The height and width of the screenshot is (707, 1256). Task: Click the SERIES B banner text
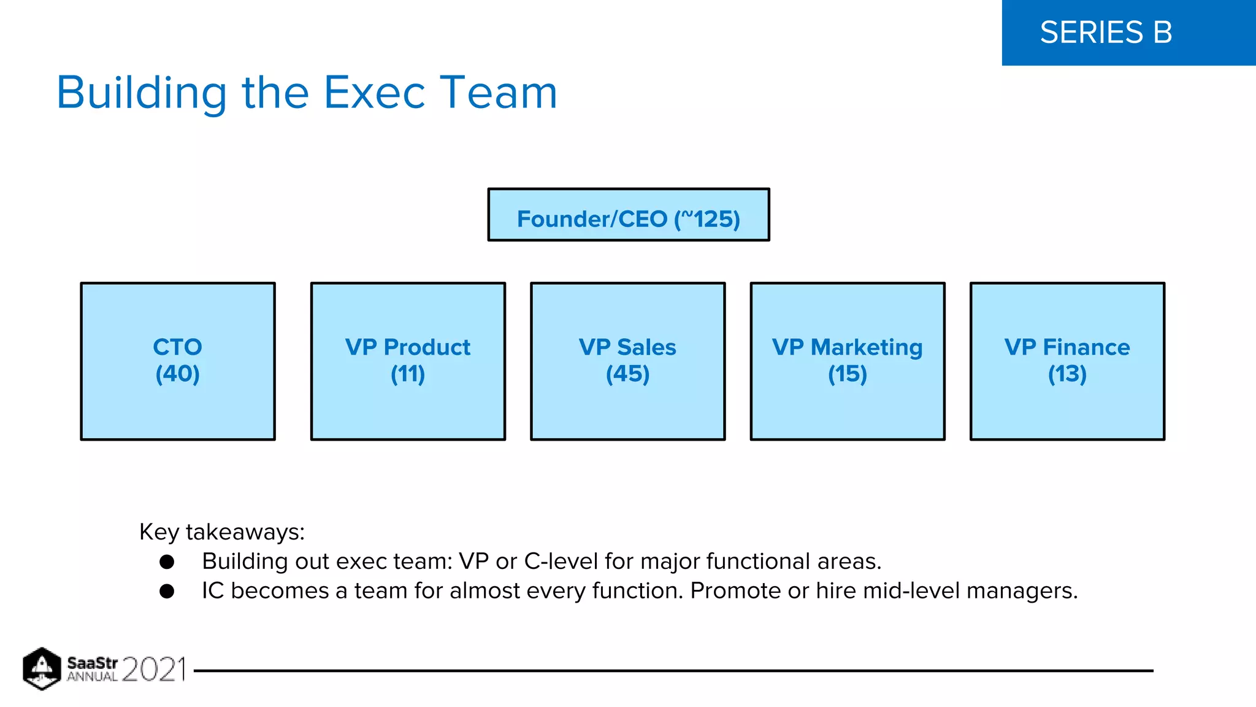[x=1106, y=33]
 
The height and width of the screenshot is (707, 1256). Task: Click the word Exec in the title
[x=374, y=93]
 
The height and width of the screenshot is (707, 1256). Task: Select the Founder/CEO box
[x=628, y=215]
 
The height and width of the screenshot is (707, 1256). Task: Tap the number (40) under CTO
[x=177, y=374]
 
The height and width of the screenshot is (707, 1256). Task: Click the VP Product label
[x=408, y=347]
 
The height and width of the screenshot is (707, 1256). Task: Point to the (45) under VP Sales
[x=627, y=374]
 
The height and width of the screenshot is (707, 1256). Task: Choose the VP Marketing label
[x=847, y=347]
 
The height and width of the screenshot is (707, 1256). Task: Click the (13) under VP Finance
[x=1067, y=374]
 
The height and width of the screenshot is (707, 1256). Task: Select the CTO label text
[x=177, y=347]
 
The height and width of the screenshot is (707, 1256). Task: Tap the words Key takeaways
[x=221, y=532]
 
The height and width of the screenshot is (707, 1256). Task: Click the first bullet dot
[x=167, y=562]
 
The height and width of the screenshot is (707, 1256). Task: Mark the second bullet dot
[x=167, y=591]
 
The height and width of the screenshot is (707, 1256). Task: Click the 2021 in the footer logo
[x=153, y=670]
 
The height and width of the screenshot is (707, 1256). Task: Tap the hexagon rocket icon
[x=42, y=669]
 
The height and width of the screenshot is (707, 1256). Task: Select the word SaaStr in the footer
[x=92, y=663]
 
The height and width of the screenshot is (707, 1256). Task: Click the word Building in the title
[x=142, y=93]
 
